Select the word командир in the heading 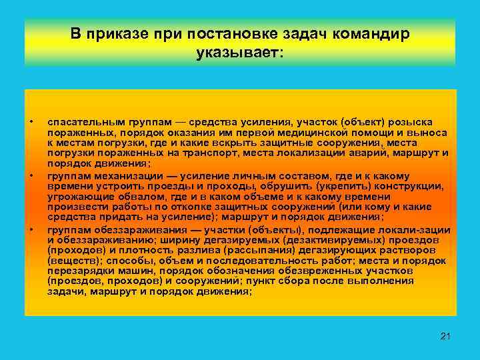pos(374,33)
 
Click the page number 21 pos(446,335)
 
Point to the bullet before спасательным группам pos(31,123)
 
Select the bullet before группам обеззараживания pos(31,229)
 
